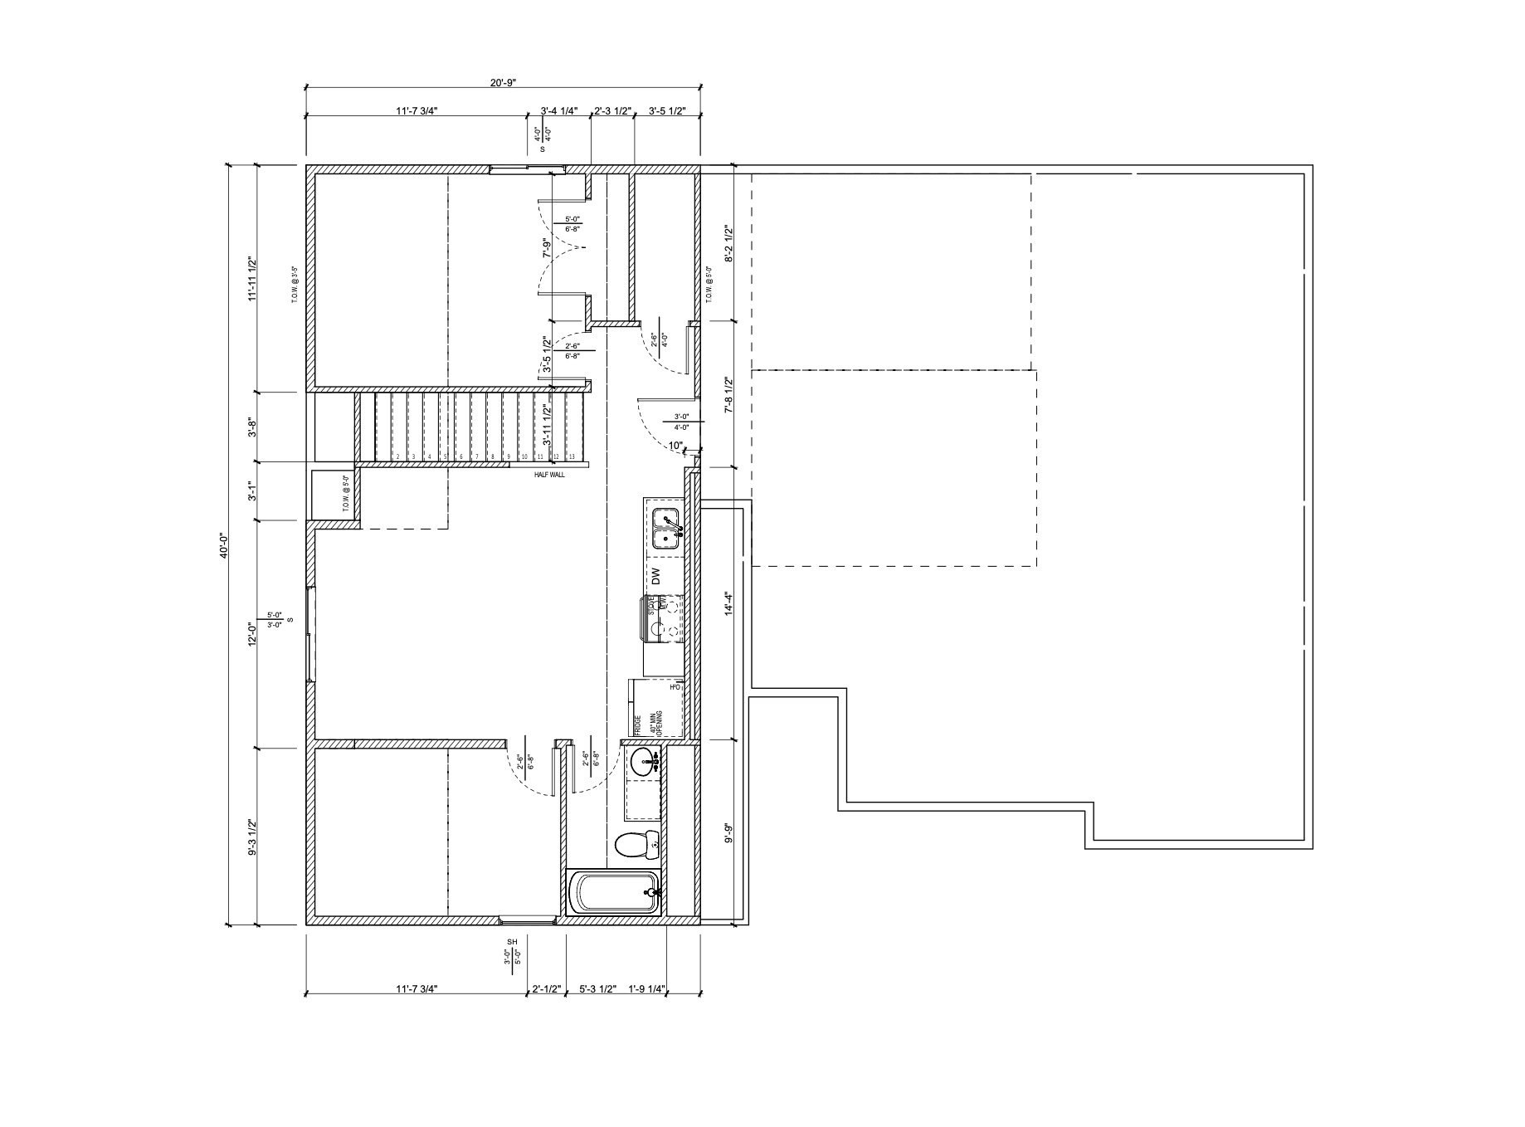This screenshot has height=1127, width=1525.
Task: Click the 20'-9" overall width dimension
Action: point(504,82)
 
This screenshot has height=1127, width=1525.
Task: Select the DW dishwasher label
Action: point(655,576)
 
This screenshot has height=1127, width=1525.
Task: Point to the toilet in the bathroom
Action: point(637,845)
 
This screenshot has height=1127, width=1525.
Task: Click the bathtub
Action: point(613,893)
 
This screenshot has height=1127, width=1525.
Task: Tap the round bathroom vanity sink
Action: point(643,760)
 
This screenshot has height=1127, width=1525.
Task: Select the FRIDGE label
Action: point(638,725)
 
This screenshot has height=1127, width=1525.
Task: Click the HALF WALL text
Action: point(549,476)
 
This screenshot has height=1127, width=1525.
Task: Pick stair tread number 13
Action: point(572,456)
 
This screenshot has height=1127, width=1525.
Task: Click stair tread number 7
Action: point(476,456)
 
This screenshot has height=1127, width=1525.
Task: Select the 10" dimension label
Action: point(675,446)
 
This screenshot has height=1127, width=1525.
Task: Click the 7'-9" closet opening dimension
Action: point(546,248)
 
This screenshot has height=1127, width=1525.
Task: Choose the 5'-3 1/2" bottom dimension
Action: point(597,988)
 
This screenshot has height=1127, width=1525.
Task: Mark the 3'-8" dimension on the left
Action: point(252,427)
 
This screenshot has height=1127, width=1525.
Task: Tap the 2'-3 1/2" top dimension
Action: point(612,110)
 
